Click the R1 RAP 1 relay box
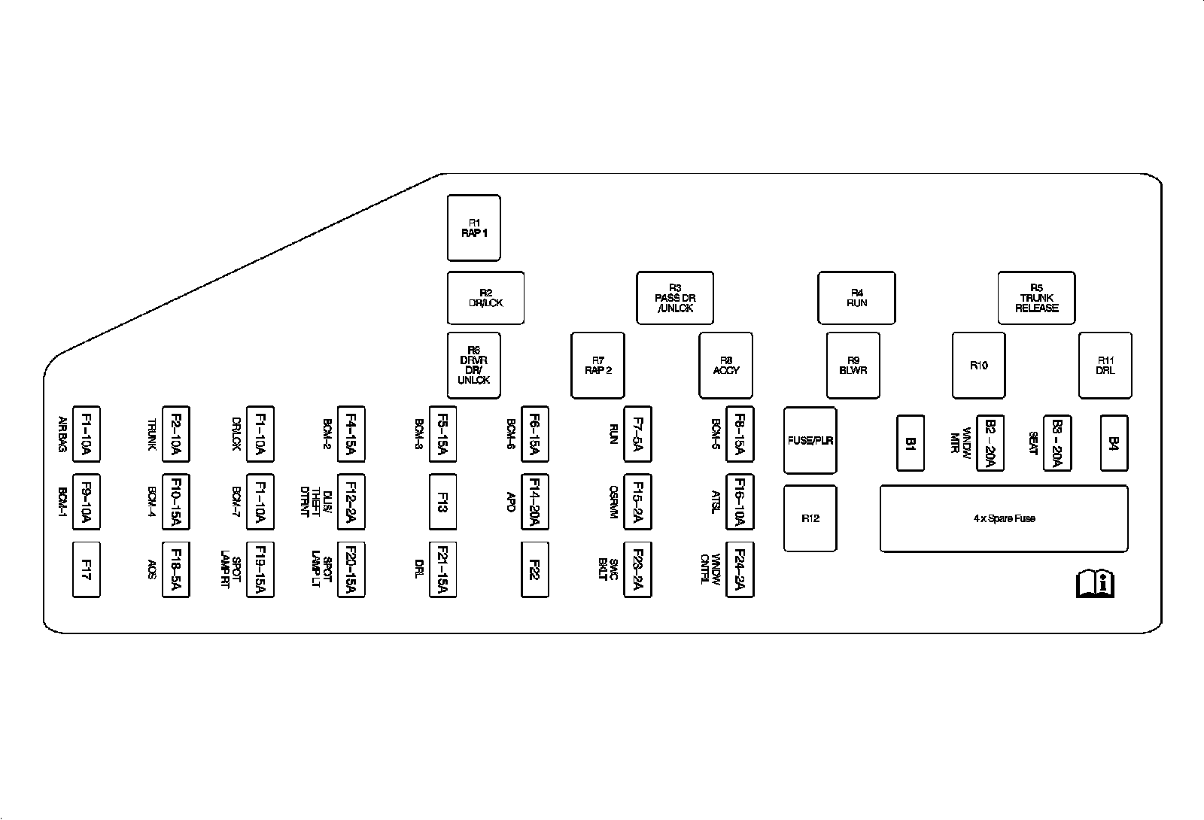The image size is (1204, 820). point(474,228)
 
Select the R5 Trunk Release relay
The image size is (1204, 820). point(1036,298)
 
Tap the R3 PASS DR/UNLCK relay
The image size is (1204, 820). point(675,298)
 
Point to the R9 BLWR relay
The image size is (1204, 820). point(853,366)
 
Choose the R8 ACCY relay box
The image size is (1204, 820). point(726,366)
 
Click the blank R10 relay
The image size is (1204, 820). point(978,366)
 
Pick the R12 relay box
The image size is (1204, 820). point(810,518)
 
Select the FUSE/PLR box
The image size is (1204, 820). point(810,441)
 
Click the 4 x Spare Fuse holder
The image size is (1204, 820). point(1004,518)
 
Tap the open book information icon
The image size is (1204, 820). point(1096,583)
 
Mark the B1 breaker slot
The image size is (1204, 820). point(911,443)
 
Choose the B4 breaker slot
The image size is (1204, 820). point(1114,443)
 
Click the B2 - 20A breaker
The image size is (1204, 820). point(990,443)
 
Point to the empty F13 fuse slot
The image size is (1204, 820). point(442,502)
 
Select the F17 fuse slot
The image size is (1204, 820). point(86,569)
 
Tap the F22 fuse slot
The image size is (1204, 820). point(534,569)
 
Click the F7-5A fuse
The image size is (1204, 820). point(637,434)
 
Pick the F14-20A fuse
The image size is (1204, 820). point(534,502)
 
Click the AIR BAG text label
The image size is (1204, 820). point(63,434)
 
